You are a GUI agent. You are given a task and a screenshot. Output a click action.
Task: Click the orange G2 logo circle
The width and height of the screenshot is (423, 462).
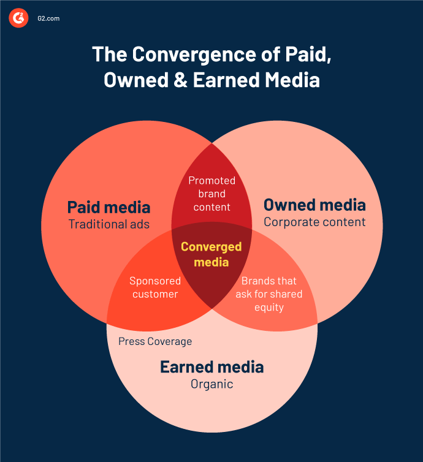coord(18,18)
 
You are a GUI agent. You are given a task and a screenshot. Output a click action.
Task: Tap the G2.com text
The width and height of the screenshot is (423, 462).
coord(48,18)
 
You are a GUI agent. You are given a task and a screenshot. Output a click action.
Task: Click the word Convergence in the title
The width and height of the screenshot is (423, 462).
coord(194,54)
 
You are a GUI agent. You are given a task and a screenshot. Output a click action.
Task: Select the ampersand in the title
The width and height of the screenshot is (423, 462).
coord(180,80)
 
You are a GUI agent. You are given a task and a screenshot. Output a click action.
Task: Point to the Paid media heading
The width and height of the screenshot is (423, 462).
coord(109,207)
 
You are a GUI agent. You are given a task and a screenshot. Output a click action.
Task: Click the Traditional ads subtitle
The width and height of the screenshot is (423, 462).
coord(109,224)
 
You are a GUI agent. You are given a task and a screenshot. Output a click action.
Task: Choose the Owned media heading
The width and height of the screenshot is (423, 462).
coord(314,205)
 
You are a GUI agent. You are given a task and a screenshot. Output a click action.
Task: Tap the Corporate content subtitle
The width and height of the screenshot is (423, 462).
coord(314,222)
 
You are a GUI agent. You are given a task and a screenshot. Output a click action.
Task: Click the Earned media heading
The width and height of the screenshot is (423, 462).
coord(212,367)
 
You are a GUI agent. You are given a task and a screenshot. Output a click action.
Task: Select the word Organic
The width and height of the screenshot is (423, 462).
coord(212,384)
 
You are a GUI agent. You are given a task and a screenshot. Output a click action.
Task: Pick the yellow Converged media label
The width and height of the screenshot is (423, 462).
coord(211,254)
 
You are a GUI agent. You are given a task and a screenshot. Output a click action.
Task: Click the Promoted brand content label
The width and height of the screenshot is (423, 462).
coord(212,194)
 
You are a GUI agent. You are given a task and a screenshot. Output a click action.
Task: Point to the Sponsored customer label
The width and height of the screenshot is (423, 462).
coord(155,287)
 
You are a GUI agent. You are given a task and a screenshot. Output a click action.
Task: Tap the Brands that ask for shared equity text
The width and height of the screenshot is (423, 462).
coord(269,293)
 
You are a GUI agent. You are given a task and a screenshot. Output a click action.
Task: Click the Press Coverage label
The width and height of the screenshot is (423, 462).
coord(155,341)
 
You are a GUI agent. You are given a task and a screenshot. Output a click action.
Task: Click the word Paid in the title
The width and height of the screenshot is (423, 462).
coord(308,54)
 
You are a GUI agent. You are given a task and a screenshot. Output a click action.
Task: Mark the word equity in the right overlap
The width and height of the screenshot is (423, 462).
coord(269,308)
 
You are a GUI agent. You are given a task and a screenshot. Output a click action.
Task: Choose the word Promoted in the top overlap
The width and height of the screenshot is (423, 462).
coord(212,180)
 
